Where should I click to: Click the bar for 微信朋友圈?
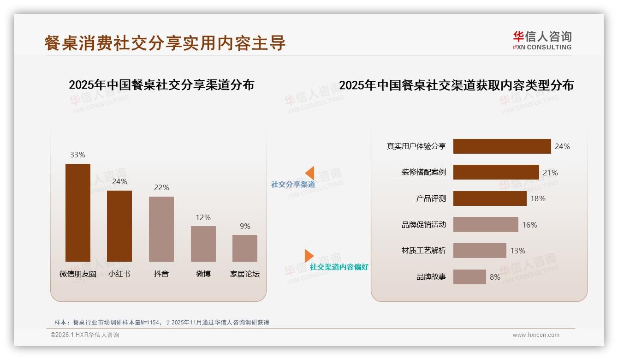78,213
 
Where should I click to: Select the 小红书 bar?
119,226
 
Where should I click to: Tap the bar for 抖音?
161,229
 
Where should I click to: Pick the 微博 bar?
203,244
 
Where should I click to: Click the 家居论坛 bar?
245,248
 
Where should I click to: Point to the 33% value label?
78,155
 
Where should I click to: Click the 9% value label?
245,226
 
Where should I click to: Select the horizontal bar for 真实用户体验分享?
502,146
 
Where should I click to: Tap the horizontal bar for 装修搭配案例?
496,172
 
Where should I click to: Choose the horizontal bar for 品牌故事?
469,277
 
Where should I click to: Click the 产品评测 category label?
431,198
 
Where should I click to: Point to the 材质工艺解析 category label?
423,251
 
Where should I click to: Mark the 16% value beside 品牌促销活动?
529,225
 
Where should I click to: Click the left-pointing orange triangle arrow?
310,173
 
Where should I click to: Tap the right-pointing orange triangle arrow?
309,256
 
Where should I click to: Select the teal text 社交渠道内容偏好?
339,267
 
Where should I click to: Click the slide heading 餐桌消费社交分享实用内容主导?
165,43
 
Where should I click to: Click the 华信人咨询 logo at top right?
542,40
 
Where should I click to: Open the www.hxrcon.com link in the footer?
536,335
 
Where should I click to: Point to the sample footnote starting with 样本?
161,323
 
